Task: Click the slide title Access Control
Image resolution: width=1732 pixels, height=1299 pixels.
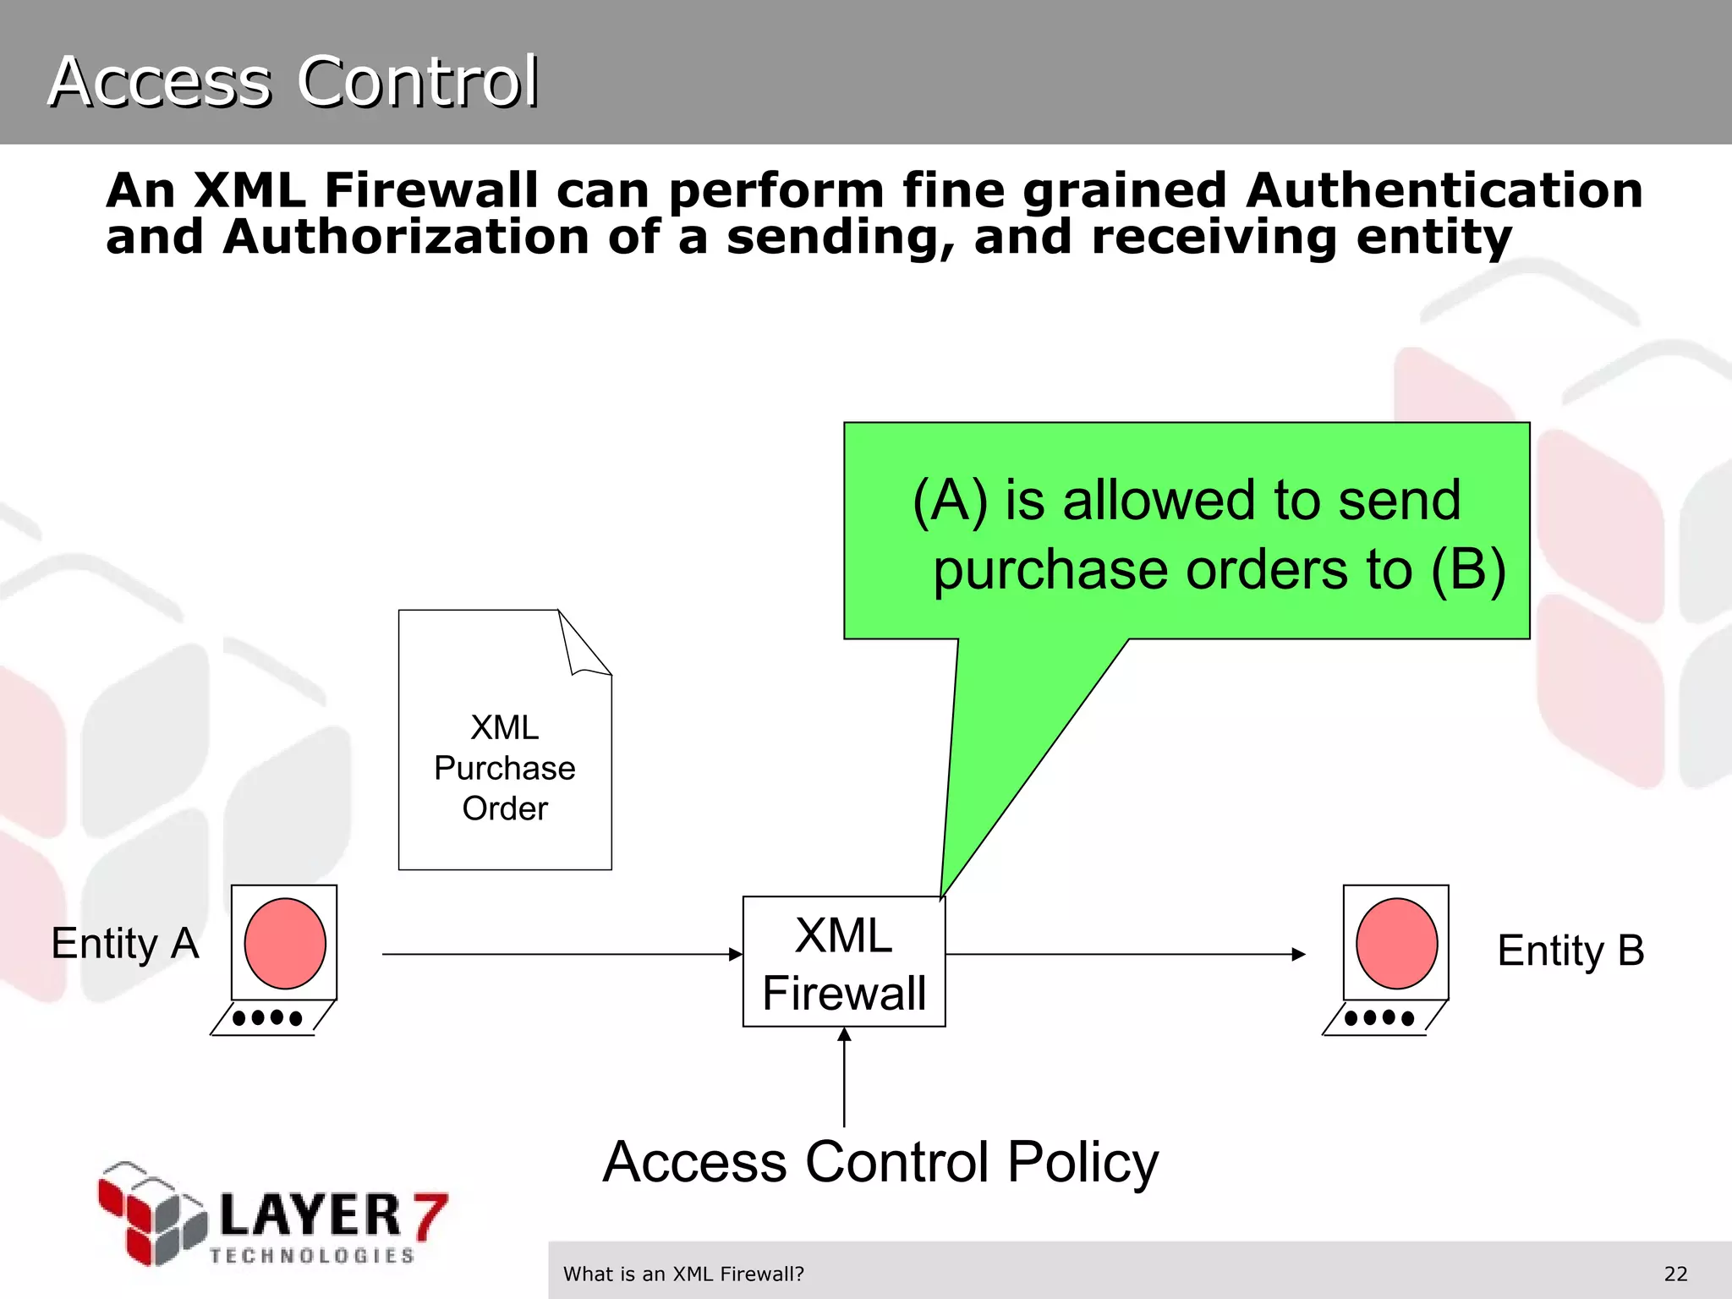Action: click(293, 81)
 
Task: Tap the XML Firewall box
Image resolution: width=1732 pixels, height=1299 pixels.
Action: click(844, 962)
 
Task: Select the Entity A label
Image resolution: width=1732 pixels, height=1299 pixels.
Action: click(125, 944)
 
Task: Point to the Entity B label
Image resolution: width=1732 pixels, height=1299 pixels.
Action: click(1570, 951)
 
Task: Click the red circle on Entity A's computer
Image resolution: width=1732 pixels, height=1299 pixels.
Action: click(285, 943)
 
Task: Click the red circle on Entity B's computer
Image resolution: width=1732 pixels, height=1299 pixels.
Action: click(1396, 943)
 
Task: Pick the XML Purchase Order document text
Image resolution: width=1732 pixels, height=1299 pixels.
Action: click(505, 768)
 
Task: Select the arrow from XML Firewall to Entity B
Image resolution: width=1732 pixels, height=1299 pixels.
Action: click(1125, 955)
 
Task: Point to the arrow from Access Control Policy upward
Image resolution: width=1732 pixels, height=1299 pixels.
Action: click(844, 1078)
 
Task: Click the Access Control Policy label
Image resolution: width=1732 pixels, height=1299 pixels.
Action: click(880, 1162)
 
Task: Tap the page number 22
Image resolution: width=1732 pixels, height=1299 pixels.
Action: click(1675, 1274)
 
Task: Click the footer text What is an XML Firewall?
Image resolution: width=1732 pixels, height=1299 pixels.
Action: click(683, 1274)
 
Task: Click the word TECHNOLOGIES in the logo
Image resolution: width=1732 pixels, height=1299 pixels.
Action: click(312, 1256)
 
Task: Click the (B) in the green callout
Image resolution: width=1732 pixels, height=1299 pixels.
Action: click(1468, 569)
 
